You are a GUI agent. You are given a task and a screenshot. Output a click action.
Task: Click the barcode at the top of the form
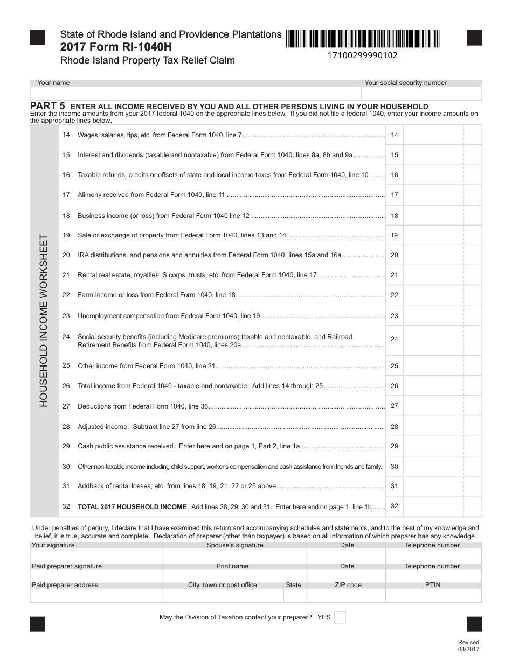click(x=363, y=39)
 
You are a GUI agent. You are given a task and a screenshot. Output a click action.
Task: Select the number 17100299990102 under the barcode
click(x=363, y=55)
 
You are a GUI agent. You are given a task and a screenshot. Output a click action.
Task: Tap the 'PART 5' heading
click(x=47, y=106)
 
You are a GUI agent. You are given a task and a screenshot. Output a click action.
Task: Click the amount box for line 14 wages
click(x=433, y=135)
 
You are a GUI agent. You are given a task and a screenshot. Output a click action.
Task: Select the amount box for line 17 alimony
click(x=433, y=195)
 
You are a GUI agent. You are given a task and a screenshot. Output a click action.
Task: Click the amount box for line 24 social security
click(x=433, y=340)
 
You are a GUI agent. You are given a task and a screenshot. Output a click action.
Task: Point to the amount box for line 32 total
click(x=433, y=506)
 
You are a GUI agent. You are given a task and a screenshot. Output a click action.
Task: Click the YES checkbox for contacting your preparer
click(x=340, y=617)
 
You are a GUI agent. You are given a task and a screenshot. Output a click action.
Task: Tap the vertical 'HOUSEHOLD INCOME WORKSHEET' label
click(x=44, y=320)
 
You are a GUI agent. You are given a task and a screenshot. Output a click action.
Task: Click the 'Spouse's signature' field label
click(x=235, y=545)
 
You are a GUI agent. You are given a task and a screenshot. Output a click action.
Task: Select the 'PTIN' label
click(x=432, y=585)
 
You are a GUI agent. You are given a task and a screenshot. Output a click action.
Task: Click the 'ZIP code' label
click(x=348, y=585)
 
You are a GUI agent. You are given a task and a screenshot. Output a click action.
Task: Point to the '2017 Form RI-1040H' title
click(x=113, y=47)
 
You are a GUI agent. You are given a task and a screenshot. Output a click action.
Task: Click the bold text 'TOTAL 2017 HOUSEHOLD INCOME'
click(x=132, y=507)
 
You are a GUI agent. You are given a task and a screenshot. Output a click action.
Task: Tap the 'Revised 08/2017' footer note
click(x=468, y=645)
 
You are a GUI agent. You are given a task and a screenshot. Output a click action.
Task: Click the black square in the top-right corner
click(x=474, y=38)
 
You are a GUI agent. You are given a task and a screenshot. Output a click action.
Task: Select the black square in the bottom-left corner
click(x=38, y=624)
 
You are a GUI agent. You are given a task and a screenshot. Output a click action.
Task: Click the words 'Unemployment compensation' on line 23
click(x=119, y=316)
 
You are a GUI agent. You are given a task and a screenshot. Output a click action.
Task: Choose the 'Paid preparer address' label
click(x=65, y=585)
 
